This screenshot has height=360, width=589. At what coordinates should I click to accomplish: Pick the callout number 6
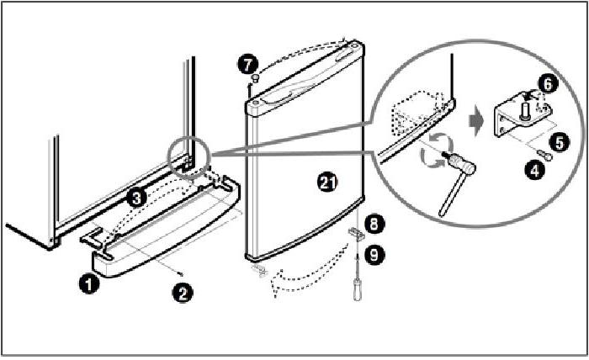pos(547,84)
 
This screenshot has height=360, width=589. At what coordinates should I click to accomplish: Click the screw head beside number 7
pos(252,79)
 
